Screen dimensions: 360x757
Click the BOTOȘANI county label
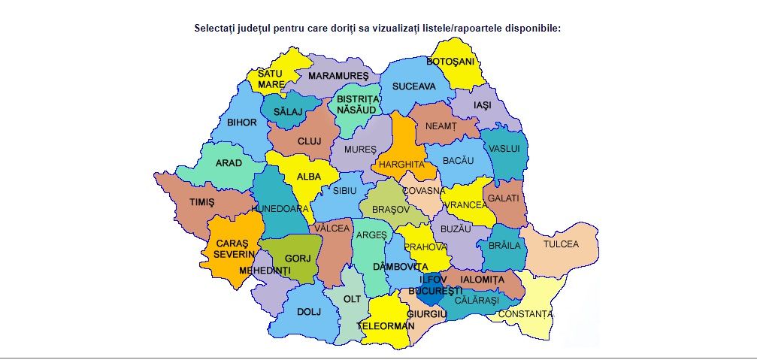pos(450,61)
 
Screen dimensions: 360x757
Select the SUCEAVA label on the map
pos(413,86)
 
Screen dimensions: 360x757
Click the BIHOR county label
pos(241,122)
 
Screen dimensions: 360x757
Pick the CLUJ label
pos(309,141)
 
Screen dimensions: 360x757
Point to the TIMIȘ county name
pos(201,202)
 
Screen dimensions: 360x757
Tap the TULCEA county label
pos(562,244)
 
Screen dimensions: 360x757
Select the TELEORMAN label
pos(386,326)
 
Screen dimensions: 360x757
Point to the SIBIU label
pos(345,191)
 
